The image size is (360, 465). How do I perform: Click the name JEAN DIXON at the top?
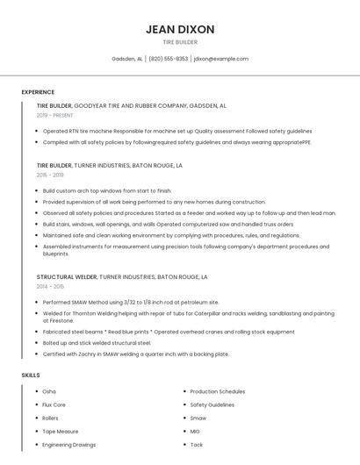(x=180, y=29)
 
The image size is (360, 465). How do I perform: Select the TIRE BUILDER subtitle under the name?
(x=180, y=42)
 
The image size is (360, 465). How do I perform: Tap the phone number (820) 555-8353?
(x=168, y=59)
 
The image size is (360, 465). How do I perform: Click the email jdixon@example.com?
(x=221, y=59)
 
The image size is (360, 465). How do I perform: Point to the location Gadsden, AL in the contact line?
(x=127, y=59)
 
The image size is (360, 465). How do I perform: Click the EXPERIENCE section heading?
(x=38, y=92)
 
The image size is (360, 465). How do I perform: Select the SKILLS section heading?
(x=31, y=376)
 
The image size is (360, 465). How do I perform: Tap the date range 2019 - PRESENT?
(x=55, y=115)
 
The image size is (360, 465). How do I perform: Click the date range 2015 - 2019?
(x=51, y=175)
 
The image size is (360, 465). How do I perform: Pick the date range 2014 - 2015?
(x=51, y=287)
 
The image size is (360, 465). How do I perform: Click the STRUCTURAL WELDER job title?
(x=67, y=277)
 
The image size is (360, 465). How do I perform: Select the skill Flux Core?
(x=54, y=404)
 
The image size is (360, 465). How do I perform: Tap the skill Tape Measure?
(x=61, y=431)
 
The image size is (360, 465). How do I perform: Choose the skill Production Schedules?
(x=218, y=391)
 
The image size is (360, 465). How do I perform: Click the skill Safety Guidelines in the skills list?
(x=212, y=404)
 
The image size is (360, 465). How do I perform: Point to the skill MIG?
(x=195, y=431)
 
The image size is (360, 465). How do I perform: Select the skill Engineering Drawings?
(x=69, y=445)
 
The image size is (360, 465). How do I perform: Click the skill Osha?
(x=49, y=391)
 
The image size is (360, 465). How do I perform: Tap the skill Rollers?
(x=52, y=418)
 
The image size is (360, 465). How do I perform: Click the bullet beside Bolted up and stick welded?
(x=38, y=343)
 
